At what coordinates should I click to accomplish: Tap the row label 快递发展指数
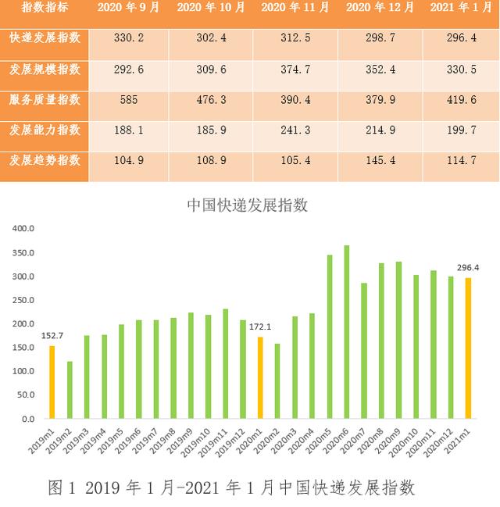pos(45,38)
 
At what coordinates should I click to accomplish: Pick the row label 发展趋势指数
pos(45,161)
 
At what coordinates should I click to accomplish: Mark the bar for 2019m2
pos(70,390)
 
